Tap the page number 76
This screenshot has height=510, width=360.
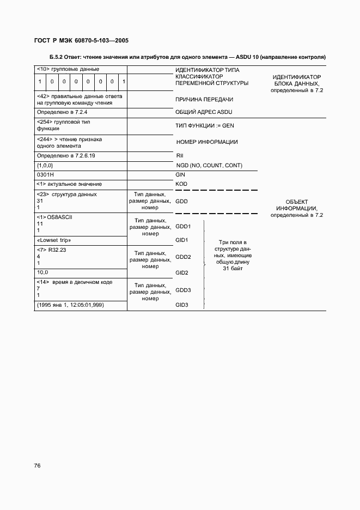38,465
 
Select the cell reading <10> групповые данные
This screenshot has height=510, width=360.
68,69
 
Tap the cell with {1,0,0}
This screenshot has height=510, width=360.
44,165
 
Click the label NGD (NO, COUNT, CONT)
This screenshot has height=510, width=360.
209,165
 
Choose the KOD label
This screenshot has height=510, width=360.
181,184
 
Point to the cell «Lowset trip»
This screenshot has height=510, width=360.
54,240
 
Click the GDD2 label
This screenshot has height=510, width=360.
183,257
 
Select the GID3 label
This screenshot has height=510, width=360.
182,305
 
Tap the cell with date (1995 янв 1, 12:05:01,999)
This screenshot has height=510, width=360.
70,305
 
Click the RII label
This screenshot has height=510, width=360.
179,155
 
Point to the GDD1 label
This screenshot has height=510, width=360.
183,226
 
